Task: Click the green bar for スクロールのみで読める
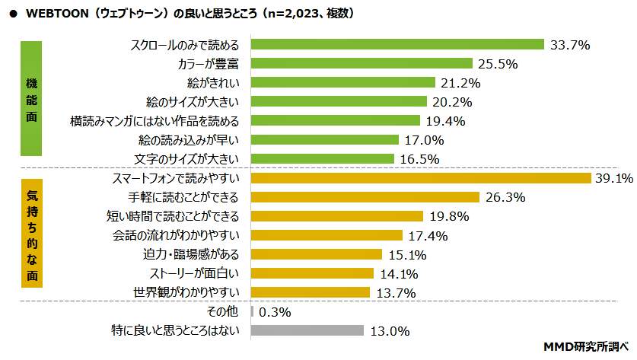pyautogui.click(x=397, y=44)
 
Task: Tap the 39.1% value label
pyautogui.click(x=614, y=178)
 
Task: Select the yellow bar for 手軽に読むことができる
pyautogui.click(x=365, y=197)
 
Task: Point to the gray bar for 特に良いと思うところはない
pyautogui.click(x=307, y=330)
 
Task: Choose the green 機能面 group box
pyautogui.click(x=31, y=100)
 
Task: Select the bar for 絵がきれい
pyautogui.click(x=342, y=82)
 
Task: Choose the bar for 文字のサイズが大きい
pyautogui.click(x=322, y=158)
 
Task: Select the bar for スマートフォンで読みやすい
pyautogui.click(x=421, y=178)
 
